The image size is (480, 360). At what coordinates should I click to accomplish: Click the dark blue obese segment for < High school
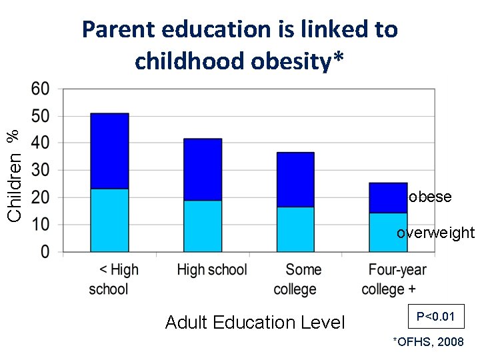(109, 151)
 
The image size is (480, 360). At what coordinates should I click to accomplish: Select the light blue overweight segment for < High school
(109, 220)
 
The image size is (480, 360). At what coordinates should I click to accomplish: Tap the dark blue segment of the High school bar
(203, 169)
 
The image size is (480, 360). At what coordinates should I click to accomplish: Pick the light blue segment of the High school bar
(203, 226)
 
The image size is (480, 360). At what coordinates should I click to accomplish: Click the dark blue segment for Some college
(295, 179)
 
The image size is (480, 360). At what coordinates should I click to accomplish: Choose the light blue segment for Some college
(295, 229)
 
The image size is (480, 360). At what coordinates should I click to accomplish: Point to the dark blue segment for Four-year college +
(388, 197)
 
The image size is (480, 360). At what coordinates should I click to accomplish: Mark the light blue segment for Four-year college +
(388, 232)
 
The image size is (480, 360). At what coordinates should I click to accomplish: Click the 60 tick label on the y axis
(41, 89)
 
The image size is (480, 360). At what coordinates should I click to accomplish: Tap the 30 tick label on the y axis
(41, 171)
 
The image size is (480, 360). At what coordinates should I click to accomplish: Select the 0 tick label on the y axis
(45, 252)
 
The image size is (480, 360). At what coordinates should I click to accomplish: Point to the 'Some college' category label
(295, 279)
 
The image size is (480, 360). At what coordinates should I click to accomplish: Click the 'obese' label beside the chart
(430, 197)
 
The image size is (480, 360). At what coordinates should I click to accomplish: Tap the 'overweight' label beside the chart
(435, 233)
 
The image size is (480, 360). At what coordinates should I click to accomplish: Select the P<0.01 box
(435, 317)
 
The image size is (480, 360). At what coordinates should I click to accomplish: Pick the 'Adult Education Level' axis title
(255, 323)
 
